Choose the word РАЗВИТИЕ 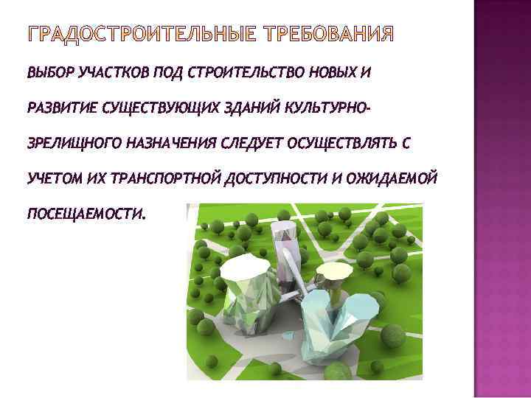(x=59, y=108)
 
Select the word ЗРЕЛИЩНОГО (x=70, y=143)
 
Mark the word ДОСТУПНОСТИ (x=264, y=178)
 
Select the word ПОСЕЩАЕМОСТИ (x=86, y=214)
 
